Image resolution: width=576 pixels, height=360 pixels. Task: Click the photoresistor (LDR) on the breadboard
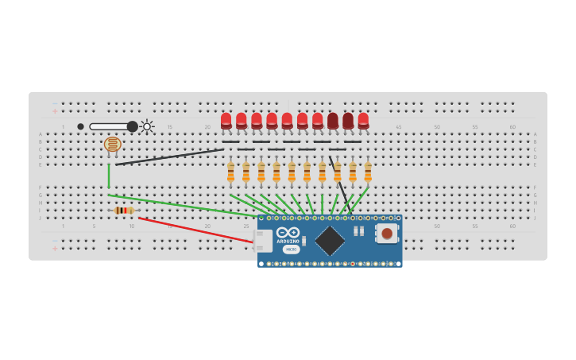point(113,144)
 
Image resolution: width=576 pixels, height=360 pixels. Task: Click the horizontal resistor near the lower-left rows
point(123,210)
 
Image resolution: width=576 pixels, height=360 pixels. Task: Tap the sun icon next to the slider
point(147,126)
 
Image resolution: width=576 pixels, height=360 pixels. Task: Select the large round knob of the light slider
point(132,126)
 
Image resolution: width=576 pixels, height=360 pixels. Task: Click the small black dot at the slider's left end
point(80,126)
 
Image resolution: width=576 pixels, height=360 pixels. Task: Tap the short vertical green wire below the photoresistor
point(109,176)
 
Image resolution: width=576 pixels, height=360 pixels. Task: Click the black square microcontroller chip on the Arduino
point(330,241)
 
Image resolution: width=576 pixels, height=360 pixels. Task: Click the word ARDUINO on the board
point(288,241)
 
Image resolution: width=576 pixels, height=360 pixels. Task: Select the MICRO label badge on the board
point(291,250)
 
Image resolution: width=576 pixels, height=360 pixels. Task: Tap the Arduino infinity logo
point(288,232)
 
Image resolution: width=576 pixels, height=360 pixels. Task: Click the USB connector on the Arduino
point(264,241)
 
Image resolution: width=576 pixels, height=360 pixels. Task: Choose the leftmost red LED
point(226,120)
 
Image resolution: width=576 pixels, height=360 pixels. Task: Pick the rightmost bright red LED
point(363,120)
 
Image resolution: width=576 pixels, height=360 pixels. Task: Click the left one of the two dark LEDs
point(333,120)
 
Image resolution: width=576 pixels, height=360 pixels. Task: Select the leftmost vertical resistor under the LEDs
point(230,172)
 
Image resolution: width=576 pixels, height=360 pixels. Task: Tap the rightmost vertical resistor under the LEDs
point(368,172)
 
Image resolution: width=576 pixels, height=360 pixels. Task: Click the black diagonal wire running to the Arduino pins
point(338,180)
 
